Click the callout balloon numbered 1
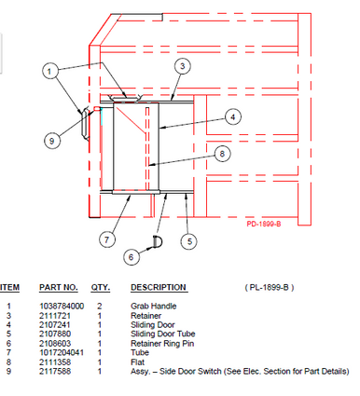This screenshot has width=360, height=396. point(52,70)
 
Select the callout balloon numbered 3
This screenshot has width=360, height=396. point(183,65)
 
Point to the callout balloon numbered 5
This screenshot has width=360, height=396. point(190,241)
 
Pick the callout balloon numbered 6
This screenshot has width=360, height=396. point(132,255)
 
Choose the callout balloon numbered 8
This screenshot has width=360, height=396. point(220,153)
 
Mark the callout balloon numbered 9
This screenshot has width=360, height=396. point(52,141)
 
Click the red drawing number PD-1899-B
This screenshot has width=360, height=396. point(270,224)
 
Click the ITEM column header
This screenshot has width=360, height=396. point(8,287)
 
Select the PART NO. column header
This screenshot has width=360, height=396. point(56,287)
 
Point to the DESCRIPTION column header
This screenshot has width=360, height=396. point(158,287)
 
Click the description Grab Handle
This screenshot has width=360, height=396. point(152,306)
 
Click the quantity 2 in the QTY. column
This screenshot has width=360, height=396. point(100,306)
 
